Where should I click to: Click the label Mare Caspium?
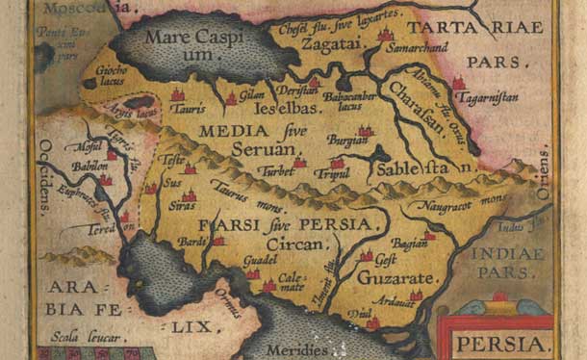[192, 46]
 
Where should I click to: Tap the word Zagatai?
[324, 44]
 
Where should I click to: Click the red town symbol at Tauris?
[177, 95]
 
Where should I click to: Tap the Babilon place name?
[90, 165]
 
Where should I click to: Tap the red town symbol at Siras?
[190, 195]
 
